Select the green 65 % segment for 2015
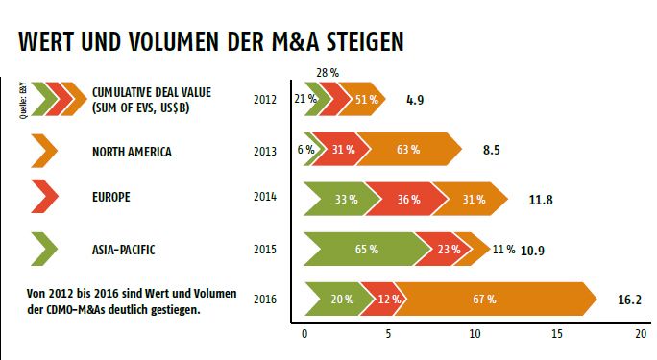click(365, 248)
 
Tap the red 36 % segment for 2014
click(408, 199)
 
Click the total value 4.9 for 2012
click(416, 99)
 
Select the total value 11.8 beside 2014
click(542, 200)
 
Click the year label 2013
click(265, 151)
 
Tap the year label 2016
click(265, 300)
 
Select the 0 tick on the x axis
click(304, 335)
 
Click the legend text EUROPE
click(111, 199)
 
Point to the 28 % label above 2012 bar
click(327, 72)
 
